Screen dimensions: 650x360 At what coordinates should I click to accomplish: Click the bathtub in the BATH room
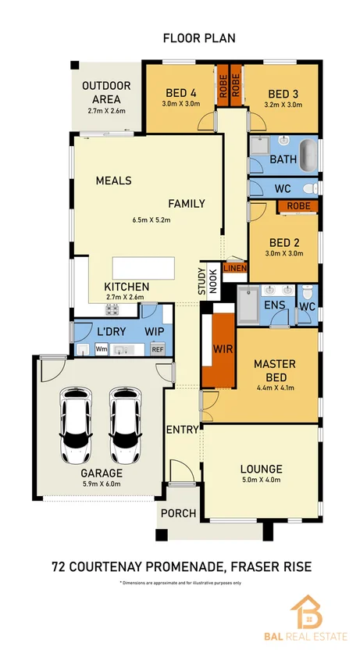[308, 156]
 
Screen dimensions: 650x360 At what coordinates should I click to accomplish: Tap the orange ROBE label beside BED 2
[297, 206]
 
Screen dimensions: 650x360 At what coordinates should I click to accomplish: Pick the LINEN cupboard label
[235, 268]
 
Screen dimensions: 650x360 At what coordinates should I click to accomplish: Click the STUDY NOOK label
[207, 280]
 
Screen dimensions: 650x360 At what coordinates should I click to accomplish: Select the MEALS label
[113, 180]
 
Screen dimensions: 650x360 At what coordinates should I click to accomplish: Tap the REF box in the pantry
[158, 349]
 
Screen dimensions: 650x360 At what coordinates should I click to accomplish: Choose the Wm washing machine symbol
[102, 349]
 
